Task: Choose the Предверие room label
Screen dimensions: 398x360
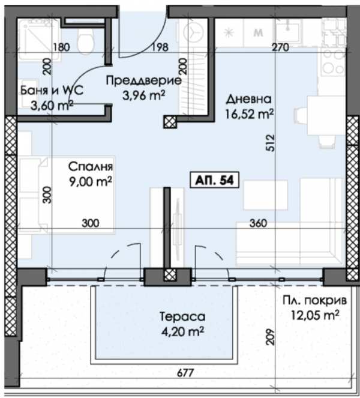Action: (143, 81)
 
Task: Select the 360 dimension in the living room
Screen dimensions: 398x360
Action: (256, 224)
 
